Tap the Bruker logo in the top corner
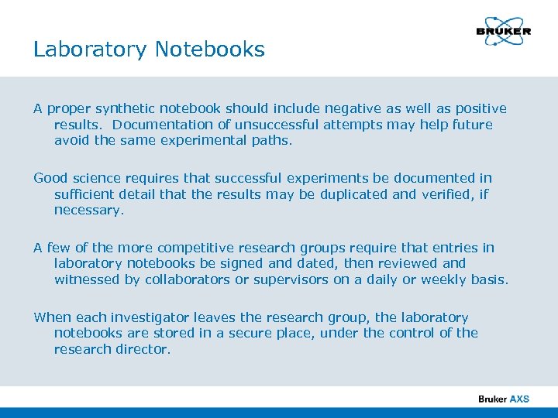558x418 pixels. coord(503,32)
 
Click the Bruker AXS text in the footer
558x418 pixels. coord(504,399)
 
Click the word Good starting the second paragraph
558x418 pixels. coord(50,178)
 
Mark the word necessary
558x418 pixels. coord(88,209)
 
